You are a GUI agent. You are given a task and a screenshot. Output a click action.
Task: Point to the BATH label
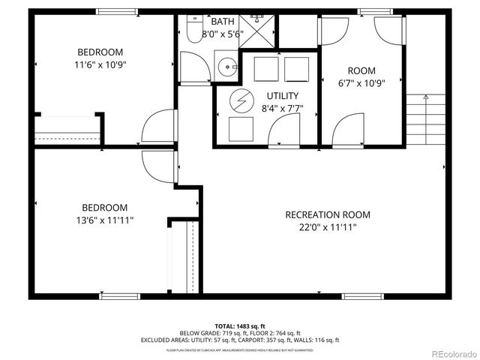pyautogui.click(x=222, y=22)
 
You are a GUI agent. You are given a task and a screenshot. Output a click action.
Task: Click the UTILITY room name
pyautogui.click(x=283, y=95)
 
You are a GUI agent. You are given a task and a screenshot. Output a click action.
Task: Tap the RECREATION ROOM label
pyautogui.click(x=328, y=214)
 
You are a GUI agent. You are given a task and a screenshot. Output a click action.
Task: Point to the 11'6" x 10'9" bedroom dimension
pyautogui.click(x=100, y=64)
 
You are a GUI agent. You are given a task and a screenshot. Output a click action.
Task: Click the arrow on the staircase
pyautogui.click(x=426, y=96)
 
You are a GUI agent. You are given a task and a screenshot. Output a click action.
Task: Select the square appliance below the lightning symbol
pyautogui.click(x=241, y=129)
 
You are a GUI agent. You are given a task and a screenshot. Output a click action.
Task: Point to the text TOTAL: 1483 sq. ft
pyautogui.click(x=240, y=325)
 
